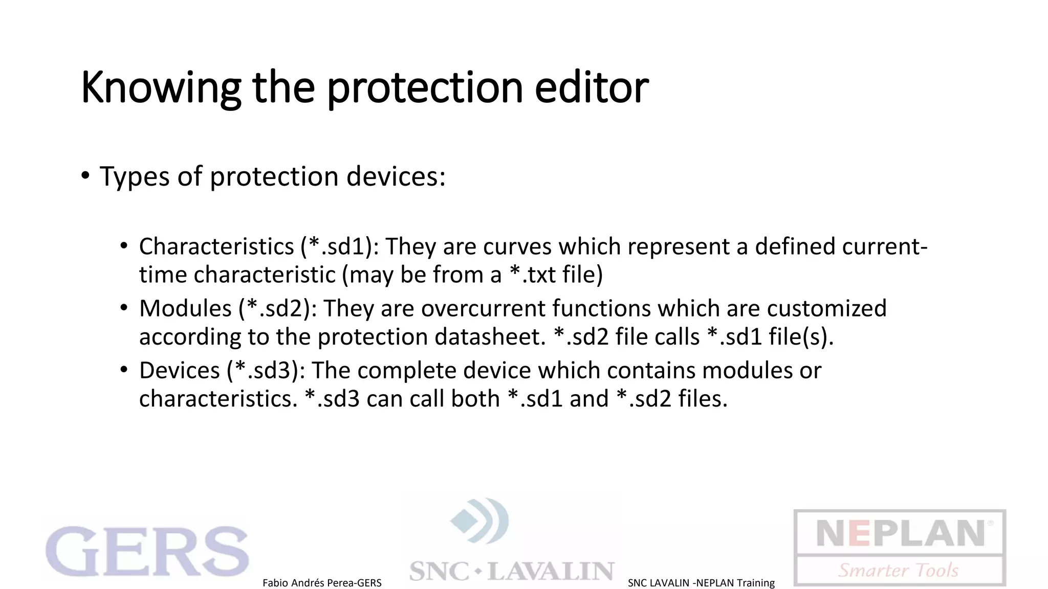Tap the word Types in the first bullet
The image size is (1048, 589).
(134, 177)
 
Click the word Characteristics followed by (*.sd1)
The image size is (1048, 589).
(216, 246)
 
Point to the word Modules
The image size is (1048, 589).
(185, 308)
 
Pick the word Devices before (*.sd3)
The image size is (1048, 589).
(179, 370)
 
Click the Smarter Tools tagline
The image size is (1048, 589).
(899, 570)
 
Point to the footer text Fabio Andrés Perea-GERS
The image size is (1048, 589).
(322, 583)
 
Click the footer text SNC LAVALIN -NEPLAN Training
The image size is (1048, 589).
(701, 583)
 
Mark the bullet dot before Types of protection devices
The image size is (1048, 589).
(85, 176)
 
